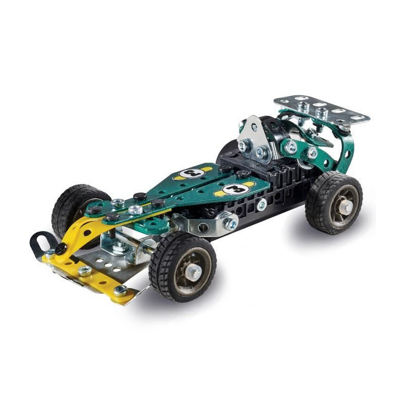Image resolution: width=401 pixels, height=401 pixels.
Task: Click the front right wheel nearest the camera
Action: pyautogui.click(x=182, y=268)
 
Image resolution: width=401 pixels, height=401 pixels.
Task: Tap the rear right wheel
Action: pyautogui.click(x=334, y=202)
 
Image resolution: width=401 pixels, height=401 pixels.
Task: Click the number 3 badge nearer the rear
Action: pyautogui.click(x=193, y=173)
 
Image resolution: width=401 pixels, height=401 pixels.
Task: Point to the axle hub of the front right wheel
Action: pyautogui.click(x=193, y=272)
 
